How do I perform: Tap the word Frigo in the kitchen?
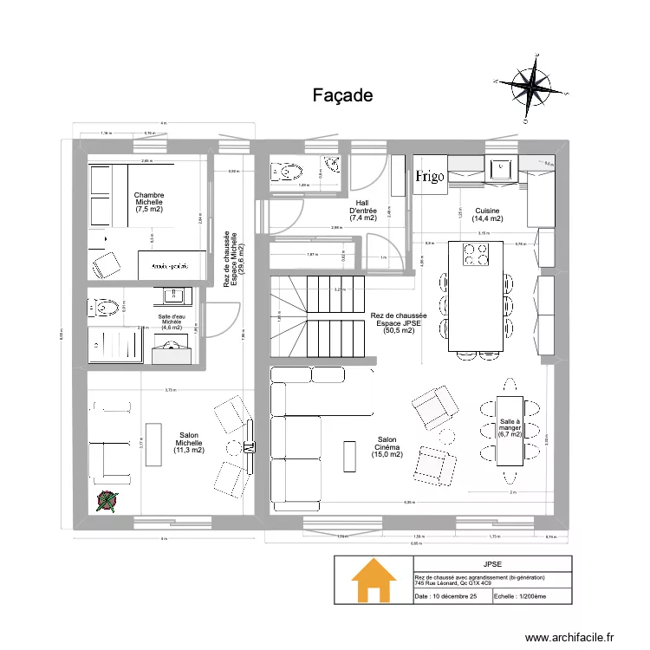coord(430,177)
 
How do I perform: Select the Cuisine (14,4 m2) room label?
coord(487,215)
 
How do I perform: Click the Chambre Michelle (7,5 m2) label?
coord(149,203)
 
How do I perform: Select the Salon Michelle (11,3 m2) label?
coord(188,443)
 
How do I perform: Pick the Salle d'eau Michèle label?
coord(170,322)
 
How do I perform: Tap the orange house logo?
coord(374,580)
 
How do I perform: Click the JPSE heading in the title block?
coord(492,563)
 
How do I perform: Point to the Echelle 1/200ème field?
coord(520,597)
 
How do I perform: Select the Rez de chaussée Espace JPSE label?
coord(399,322)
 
